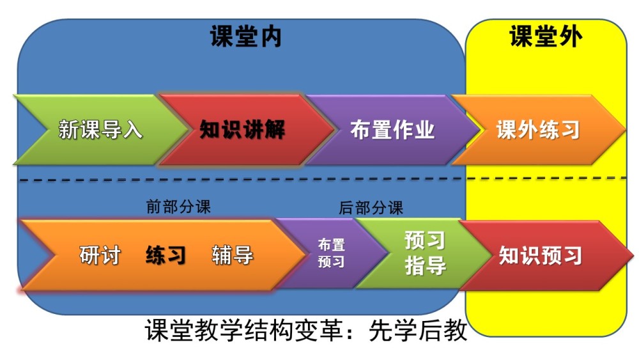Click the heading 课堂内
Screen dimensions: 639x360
[246, 36]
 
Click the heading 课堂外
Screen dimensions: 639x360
[546, 36]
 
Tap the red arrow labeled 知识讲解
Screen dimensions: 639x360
[245, 130]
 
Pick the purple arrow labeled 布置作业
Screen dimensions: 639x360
[391, 130]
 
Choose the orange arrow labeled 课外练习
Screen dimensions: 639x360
[538, 130]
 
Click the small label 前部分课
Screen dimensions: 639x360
[178, 207]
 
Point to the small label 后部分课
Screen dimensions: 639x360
[371, 208]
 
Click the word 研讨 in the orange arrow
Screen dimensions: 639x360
[100, 256]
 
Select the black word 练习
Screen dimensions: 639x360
[166, 256]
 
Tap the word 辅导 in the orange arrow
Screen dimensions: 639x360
[233, 256]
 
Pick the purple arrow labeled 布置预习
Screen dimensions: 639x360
[331, 254]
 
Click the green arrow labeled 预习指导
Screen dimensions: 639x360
[424, 254]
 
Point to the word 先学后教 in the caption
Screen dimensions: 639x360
[418, 330]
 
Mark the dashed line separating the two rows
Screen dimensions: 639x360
[323, 178]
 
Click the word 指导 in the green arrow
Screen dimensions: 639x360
[425, 266]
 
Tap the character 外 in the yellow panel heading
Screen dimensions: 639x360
[570, 36]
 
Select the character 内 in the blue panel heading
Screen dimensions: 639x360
[270, 36]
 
